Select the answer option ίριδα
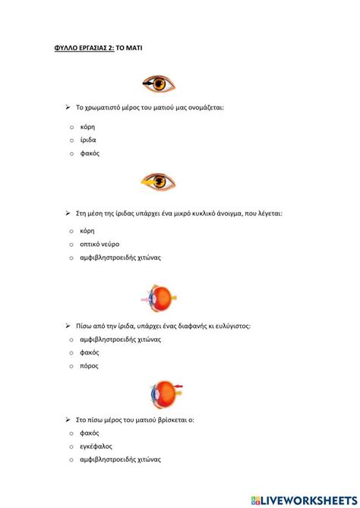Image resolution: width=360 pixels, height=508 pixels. click(x=88, y=140)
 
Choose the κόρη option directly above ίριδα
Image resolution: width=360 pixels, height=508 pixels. click(x=87, y=126)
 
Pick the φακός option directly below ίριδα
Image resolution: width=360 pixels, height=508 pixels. click(x=90, y=153)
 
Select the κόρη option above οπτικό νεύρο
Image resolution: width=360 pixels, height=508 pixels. click(x=87, y=230)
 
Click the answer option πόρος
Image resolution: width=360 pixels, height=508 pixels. click(x=89, y=365)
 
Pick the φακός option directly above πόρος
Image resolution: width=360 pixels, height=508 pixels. click(x=90, y=352)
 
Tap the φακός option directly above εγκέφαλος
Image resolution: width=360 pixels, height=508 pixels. click(x=90, y=432)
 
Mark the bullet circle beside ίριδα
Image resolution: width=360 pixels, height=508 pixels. click(x=71, y=140)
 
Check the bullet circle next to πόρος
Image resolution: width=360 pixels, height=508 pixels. click(x=71, y=366)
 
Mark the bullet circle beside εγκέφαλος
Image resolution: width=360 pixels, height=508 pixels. click(x=71, y=446)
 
